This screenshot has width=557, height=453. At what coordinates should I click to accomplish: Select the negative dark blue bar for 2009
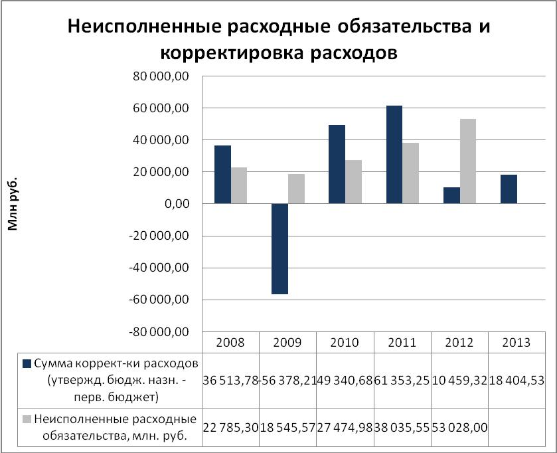tap(279, 248)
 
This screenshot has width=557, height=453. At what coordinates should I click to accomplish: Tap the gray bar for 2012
tap(468, 161)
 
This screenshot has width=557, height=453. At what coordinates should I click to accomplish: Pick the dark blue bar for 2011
tap(394, 155)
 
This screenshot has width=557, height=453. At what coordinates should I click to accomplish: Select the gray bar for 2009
tap(296, 189)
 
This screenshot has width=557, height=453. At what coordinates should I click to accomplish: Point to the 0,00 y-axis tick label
tap(175, 204)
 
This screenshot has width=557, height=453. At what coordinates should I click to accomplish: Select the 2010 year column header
tap(344, 343)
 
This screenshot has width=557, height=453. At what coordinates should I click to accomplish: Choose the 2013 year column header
tap(516, 343)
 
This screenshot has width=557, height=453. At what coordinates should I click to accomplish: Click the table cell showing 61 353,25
tap(402, 379)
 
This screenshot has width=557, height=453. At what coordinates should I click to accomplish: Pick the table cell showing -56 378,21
tap(287, 379)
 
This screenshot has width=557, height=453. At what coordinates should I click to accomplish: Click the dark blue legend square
tap(27, 363)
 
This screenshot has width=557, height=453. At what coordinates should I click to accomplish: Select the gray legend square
tap(27, 419)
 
